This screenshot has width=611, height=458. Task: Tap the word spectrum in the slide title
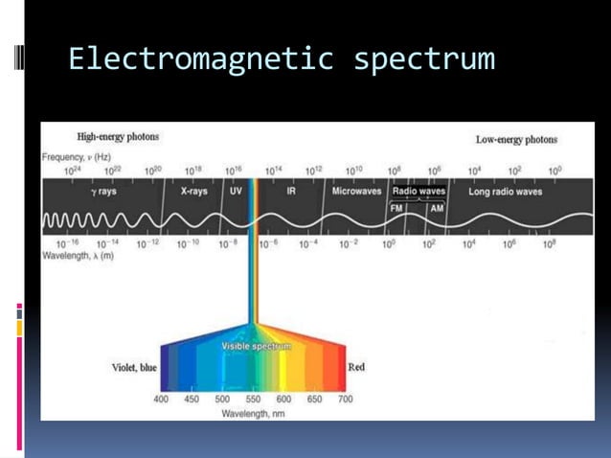[423, 59]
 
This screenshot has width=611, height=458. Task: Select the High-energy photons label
[118, 138]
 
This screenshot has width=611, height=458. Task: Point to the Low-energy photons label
[516, 140]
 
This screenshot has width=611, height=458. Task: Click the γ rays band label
[103, 192]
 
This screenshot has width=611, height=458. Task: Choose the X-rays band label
[194, 192]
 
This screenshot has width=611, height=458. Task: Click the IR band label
[291, 192]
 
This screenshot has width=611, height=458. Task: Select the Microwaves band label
[356, 192]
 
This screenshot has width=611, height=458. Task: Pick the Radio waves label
[419, 191]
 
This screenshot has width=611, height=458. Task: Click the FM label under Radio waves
[396, 207]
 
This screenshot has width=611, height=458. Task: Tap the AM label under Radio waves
[435, 207]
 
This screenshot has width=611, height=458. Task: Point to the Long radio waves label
[505, 192]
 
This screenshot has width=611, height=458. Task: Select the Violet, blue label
[134, 368]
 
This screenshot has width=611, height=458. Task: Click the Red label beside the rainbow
[356, 367]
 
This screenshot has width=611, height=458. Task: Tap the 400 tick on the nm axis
[161, 399]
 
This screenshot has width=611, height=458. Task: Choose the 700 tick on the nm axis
[346, 399]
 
